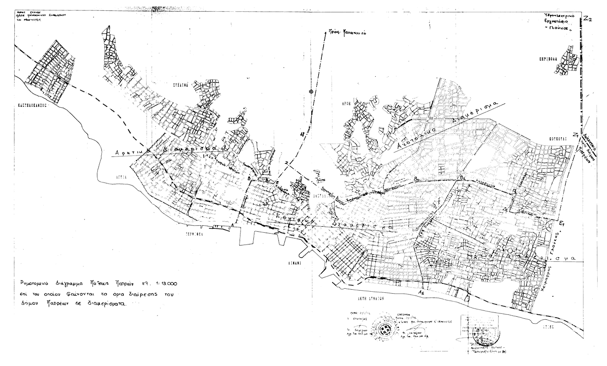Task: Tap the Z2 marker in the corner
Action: [588, 19]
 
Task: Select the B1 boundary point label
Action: [461, 177]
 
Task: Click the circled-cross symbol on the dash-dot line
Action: [310, 91]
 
